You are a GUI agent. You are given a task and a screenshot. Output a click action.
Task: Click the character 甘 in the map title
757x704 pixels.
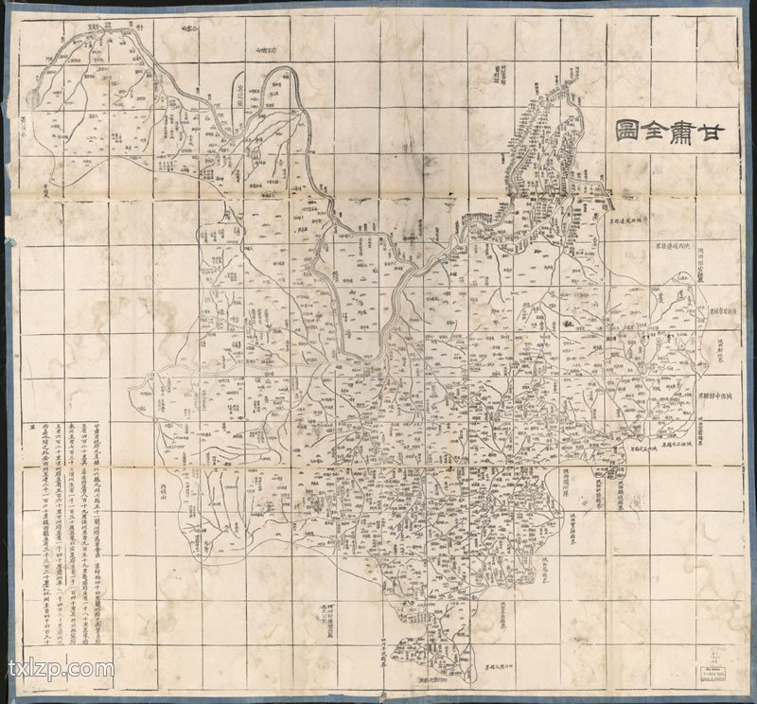coord(719,132)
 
